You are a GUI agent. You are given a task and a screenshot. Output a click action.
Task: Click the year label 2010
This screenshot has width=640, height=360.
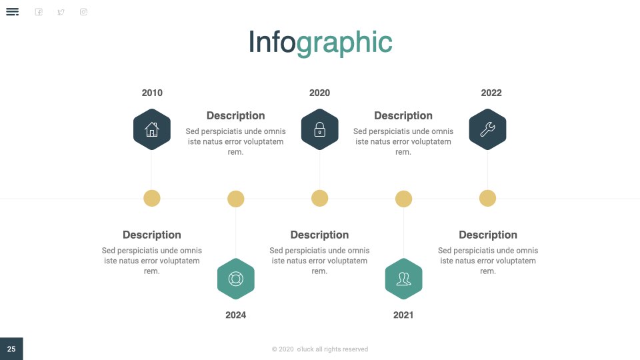(x=152, y=93)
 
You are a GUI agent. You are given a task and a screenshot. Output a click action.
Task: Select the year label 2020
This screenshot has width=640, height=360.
(x=319, y=93)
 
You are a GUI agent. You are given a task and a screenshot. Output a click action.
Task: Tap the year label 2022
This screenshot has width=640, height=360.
(x=491, y=93)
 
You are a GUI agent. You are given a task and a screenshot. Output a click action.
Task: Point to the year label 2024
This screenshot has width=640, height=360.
(x=235, y=315)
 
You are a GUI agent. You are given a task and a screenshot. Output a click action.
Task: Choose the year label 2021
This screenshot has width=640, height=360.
(x=403, y=315)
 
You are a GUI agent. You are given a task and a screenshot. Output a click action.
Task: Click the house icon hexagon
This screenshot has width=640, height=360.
(x=152, y=129)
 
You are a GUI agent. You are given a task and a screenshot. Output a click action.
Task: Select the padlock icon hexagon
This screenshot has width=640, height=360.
(x=319, y=129)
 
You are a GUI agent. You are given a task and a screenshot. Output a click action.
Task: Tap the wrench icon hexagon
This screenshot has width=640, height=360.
(x=487, y=129)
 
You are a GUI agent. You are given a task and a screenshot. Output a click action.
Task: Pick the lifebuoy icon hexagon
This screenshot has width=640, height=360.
(x=236, y=279)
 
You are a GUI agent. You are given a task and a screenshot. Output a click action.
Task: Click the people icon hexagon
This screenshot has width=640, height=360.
(x=404, y=279)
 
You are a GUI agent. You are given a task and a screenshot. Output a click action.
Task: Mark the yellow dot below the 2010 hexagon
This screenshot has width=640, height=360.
(x=152, y=199)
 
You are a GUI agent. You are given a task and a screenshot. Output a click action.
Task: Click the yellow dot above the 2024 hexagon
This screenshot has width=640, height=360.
(x=235, y=199)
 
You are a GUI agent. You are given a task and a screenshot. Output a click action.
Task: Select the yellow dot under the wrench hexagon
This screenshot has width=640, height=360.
(x=487, y=199)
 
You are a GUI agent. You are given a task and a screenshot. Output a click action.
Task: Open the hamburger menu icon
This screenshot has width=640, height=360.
(x=12, y=12)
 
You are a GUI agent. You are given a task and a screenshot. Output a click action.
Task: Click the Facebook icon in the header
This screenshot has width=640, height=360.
(x=39, y=12)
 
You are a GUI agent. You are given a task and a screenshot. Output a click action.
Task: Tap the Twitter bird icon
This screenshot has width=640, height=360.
(x=61, y=12)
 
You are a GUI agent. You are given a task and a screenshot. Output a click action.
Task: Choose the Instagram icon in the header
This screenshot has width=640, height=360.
(x=84, y=12)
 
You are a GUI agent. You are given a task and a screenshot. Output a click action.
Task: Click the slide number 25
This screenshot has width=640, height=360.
(x=11, y=349)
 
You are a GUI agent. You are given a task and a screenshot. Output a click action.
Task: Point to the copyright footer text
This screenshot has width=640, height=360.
(x=320, y=349)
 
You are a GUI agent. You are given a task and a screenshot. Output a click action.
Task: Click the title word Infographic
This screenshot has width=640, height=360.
(x=321, y=43)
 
